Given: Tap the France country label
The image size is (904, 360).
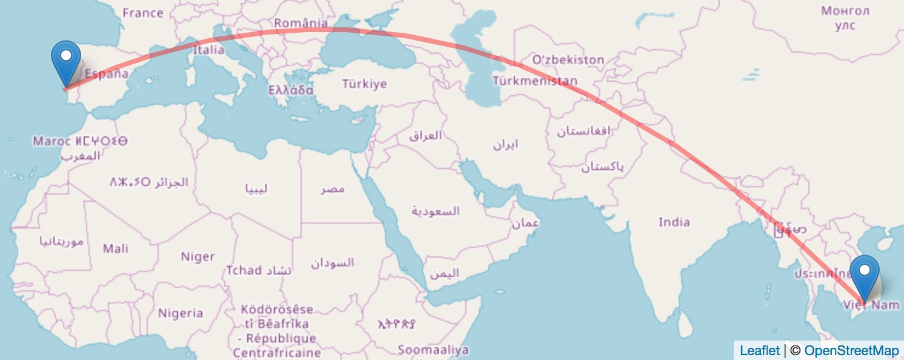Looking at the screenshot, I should [142, 13].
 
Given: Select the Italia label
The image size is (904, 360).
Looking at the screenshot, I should [209, 50].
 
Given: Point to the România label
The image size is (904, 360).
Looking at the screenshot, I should [301, 24].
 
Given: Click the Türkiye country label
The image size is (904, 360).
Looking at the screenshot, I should [364, 84].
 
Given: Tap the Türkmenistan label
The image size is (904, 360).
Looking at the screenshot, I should [535, 81].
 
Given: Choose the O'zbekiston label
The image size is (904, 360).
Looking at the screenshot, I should [568, 59].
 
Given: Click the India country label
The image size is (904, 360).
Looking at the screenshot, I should [674, 222].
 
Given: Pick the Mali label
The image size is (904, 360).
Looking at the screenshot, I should [116, 248].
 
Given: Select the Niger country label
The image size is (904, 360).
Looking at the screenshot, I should [198, 257].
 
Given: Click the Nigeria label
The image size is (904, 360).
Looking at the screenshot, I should [181, 313].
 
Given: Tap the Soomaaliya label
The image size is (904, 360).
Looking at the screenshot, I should [433, 350].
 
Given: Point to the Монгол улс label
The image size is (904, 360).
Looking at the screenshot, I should [845, 18].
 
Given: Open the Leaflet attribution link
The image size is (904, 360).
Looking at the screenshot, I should [760, 350].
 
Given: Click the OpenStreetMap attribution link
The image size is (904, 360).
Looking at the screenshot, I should [851, 350].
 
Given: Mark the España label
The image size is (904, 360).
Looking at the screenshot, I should [107, 75].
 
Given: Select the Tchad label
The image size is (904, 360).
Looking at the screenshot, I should [244, 270].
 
